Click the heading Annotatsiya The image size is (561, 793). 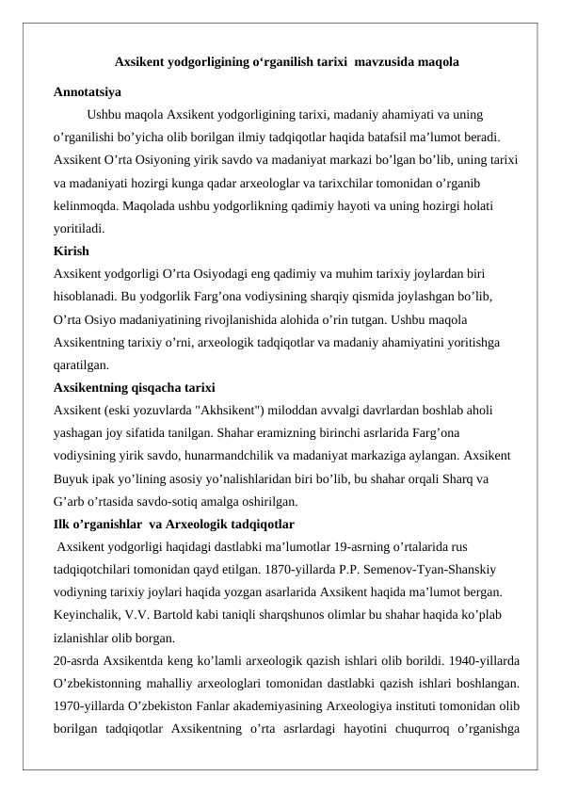[87, 93]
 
